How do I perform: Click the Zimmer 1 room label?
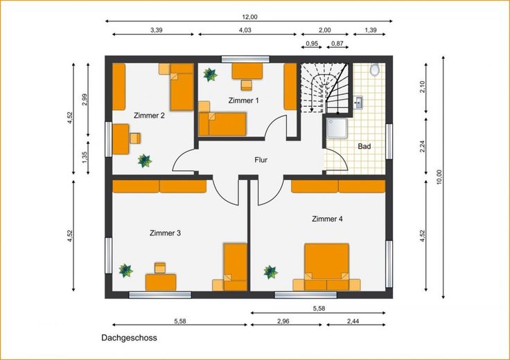244,100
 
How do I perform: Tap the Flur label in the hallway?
261,160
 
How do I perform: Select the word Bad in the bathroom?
364,146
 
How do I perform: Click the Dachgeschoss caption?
129,338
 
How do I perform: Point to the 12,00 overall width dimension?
249,17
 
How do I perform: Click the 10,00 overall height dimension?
439,177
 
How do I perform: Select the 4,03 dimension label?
245,30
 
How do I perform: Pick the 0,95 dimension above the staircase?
312,43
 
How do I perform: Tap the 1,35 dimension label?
85,158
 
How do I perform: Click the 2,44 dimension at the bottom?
353,321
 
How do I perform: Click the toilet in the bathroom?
375,69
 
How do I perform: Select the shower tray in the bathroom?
337,128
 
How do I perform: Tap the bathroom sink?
358,102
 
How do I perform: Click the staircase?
324,88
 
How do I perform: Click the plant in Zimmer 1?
210,74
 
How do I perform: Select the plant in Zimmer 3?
125,270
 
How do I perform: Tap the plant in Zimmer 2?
144,161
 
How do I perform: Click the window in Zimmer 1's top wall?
245,59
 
